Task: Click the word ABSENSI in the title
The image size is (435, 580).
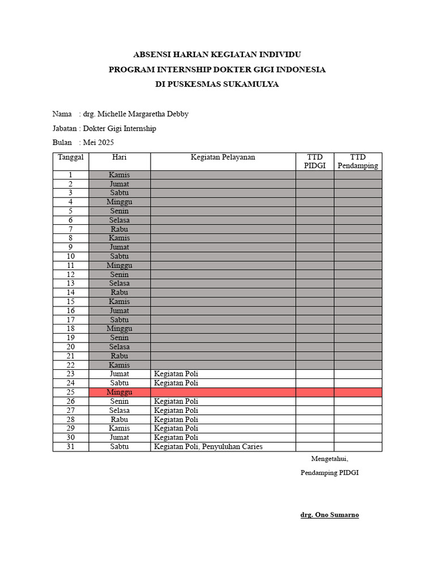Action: point(152,55)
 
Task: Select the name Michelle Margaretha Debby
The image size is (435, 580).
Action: point(143,114)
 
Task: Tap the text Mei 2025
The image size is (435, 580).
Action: point(99,142)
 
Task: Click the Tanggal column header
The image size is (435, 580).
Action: point(71,157)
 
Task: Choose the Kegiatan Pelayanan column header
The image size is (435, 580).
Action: point(223,157)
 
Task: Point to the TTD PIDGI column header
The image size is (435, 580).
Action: point(314,161)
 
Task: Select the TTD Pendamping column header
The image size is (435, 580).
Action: point(357,161)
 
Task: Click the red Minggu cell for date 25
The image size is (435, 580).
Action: point(120,392)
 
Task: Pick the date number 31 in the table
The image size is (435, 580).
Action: point(71,446)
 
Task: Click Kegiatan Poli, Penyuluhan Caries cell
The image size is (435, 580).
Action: point(208,446)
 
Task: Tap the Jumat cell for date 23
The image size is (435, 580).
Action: point(120,374)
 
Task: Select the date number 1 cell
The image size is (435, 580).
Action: point(71,175)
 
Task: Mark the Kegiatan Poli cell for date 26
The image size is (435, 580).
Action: point(176,401)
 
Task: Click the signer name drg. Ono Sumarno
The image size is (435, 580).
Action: point(329,515)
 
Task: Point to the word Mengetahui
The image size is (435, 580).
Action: point(329,459)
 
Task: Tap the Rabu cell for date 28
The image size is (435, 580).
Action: point(120,419)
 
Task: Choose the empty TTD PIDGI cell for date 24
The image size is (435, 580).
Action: point(314,383)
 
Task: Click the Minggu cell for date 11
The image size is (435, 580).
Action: point(120,265)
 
